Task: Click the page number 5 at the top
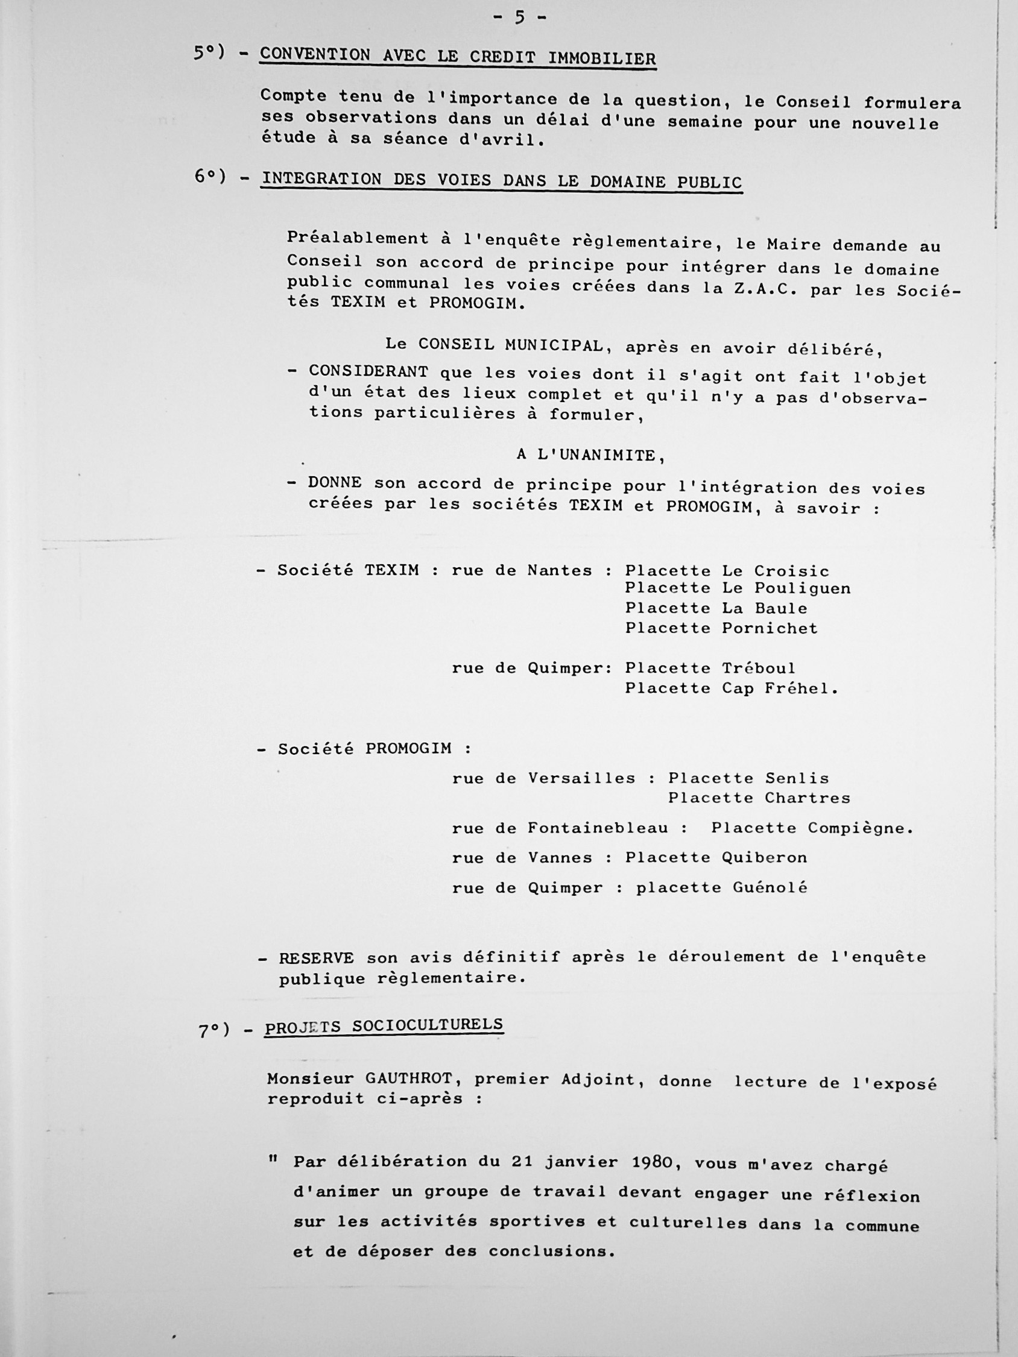click(519, 18)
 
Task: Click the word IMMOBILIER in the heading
click(601, 59)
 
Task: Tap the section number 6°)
click(210, 177)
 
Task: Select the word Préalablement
click(358, 238)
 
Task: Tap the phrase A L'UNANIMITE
click(590, 455)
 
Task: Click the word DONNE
click(335, 482)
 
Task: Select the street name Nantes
click(560, 570)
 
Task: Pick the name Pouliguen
click(803, 588)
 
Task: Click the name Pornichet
click(770, 628)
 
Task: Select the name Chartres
click(808, 798)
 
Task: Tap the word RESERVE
click(317, 959)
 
